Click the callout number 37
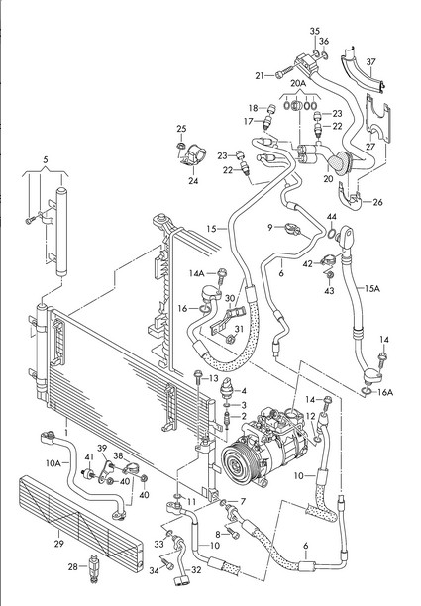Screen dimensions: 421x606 (371, 61)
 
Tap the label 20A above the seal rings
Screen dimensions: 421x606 (298, 83)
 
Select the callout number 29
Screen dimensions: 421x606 (58, 544)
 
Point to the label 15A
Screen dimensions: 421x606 (372, 288)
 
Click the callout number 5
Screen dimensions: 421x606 (46, 159)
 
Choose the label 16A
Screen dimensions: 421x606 (385, 393)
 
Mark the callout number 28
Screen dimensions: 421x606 (73, 567)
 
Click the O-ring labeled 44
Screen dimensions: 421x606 (332, 233)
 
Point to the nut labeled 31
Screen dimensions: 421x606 (230, 340)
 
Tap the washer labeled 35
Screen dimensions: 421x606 (316, 52)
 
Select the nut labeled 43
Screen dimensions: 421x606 (330, 275)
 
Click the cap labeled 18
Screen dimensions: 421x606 (271, 109)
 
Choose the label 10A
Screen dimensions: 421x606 (53, 463)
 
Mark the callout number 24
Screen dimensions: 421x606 (193, 180)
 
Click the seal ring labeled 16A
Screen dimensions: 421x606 (367, 392)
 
